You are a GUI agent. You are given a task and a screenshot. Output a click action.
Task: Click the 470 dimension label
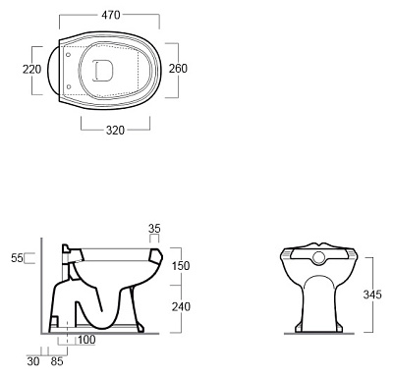[111, 15]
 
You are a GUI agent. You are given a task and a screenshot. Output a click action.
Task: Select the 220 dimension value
[32, 70]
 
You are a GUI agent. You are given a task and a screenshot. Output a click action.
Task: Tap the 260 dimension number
[178, 69]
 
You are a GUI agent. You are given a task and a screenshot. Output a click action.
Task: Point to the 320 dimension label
[115, 131]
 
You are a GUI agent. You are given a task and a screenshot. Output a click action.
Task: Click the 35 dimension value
[154, 228]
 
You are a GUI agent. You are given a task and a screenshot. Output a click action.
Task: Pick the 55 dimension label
[18, 258]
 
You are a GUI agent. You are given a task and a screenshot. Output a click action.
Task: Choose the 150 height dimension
[181, 266]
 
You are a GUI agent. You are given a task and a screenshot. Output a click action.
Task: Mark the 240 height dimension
[181, 306]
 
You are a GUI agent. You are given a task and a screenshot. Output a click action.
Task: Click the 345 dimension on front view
[372, 295]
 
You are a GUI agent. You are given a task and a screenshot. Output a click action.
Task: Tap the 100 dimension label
[86, 340]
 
